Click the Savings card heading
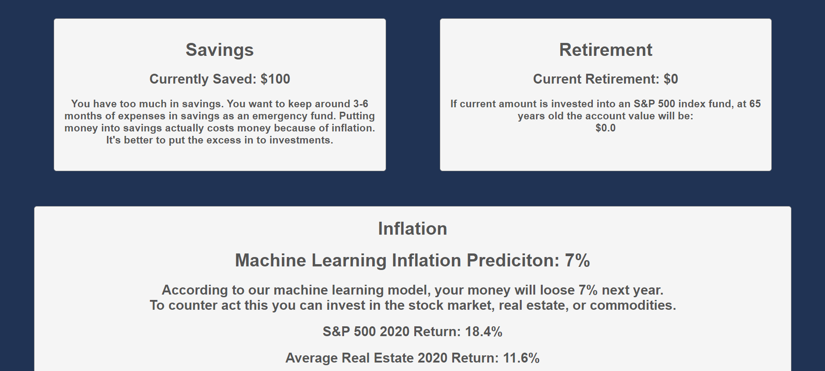(x=220, y=50)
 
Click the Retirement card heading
(x=606, y=50)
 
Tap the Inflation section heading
(x=412, y=229)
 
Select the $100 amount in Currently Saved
(x=275, y=79)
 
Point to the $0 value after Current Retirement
(x=671, y=79)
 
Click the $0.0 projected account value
(x=605, y=128)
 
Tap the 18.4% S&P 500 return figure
(x=484, y=332)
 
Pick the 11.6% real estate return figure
(x=521, y=358)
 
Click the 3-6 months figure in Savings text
(x=361, y=104)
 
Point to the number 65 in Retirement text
(x=755, y=104)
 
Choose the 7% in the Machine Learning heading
(x=578, y=261)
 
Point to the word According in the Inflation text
(x=195, y=290)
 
